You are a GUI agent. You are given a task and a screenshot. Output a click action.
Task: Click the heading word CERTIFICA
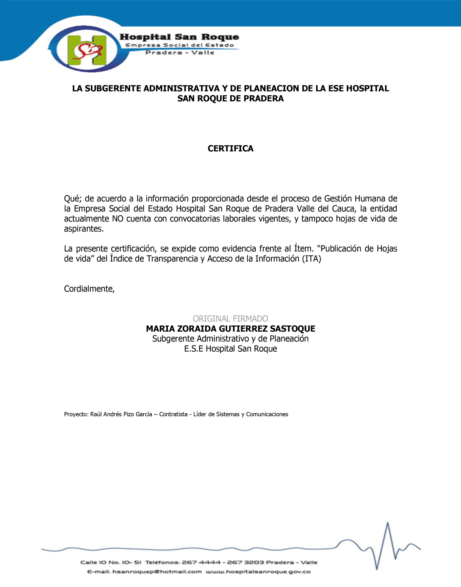pyautogui.click(x=230, y=149)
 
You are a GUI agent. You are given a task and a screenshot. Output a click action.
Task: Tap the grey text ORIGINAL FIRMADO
pyautogui.click(x=230, y=319)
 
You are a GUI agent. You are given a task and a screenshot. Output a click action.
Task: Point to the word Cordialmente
pyautogui.click(x=89, y=289)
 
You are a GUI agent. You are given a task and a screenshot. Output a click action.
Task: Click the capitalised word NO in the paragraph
pyautogui.click(x=117, y=219)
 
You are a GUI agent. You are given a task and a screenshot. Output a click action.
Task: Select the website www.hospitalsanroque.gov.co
pyautogui.click(x=258, y=572)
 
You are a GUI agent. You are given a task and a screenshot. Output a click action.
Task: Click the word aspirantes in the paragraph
pyautogui.click(x=84, y=229)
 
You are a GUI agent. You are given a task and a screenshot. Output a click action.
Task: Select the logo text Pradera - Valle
pyautogui.click(x=180, y=53)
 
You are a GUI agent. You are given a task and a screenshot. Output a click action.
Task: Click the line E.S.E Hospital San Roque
pyautogui.click(x=230, y=349)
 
